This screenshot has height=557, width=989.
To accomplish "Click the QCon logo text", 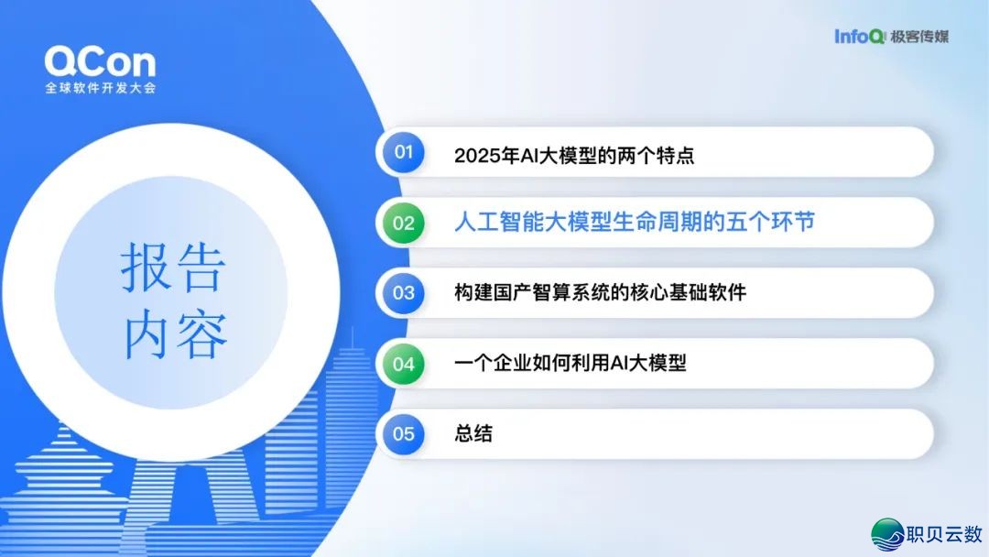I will coord(100,62).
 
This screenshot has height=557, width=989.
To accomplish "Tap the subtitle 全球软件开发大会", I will coord(100,89).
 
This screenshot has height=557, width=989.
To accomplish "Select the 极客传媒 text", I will coord(918,37).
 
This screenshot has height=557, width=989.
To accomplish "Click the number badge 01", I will coord(404,152).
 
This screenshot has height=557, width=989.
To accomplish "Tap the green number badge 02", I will coord(404,223).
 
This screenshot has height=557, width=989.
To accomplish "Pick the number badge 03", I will coord(404,293).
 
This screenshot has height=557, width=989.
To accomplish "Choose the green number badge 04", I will coord(404,364).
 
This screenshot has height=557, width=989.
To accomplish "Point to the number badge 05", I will coord(404,433).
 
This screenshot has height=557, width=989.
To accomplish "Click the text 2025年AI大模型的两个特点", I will coord(574,155).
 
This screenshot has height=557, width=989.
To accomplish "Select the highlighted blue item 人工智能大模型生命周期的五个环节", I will coord(634,223).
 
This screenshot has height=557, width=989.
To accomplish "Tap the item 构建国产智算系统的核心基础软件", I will coord(600,293).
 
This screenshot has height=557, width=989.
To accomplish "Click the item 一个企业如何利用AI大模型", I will coord(570,364).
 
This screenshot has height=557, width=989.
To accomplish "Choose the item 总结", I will coord(473,433).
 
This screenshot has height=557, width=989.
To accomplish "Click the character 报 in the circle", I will coord(147,268).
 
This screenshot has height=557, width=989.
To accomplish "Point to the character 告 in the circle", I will coord(201,268).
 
